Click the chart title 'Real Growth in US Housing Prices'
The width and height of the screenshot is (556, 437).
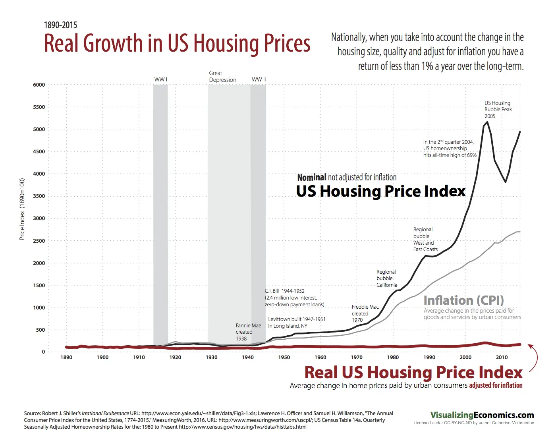(x=177, y=43)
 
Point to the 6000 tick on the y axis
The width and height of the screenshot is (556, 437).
(x=39, y=85)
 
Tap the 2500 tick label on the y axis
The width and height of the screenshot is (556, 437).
(x=39, y=241)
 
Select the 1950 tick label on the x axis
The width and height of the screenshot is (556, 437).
(x=284, y=357)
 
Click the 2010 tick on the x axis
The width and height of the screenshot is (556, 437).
(x=502, y=357)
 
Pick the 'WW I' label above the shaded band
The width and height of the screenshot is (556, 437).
(x=161, y=79)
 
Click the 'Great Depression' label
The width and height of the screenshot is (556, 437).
(x=222, y=76)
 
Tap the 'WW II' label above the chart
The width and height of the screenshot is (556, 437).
(x=259, y=79)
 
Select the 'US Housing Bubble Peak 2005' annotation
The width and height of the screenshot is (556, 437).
(x=498, y=110)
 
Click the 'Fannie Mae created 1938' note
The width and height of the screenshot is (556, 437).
(x=248, y=332)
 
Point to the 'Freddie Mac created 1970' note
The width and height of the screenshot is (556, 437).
(x=365, y=313)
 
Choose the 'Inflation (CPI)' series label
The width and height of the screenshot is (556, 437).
(x=463, y=300)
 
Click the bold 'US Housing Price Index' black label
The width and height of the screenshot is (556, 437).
(x=381, y=191)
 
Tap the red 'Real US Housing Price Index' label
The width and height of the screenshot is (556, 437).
(x=413, y=372)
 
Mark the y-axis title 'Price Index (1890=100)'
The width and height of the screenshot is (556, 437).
(x=22, y=209)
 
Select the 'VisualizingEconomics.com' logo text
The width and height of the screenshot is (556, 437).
(x=482, y=415)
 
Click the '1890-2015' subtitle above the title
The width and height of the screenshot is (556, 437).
(x=60, y=25)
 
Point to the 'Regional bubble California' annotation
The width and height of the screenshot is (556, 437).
(x=386, y=278)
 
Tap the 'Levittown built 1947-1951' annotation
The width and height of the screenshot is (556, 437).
(x=297, y=319)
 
